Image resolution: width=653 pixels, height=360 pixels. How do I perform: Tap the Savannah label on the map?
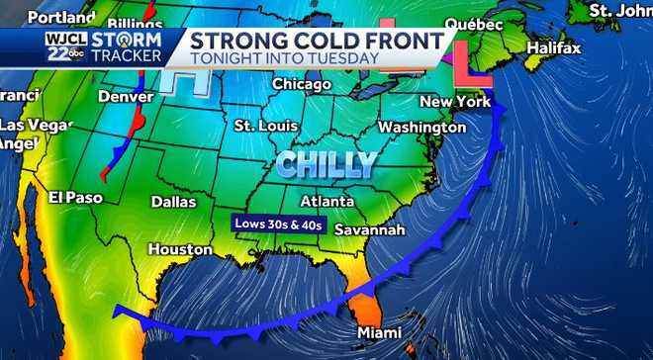click(370, 229)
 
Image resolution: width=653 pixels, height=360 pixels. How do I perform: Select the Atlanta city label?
click(327, 202)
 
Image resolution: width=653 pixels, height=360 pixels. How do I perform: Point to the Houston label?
click(181, 250)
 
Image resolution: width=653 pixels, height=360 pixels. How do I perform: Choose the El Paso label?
click(75, 198)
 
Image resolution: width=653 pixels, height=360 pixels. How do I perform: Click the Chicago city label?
click(302, 84)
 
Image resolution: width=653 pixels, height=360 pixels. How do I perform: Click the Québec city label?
click(474, 23)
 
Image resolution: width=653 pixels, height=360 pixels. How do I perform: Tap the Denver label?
click(126, 97)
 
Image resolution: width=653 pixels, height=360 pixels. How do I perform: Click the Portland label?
click(55, 18)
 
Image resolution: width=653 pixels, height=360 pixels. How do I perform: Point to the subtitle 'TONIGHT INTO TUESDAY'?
click(285, 58)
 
